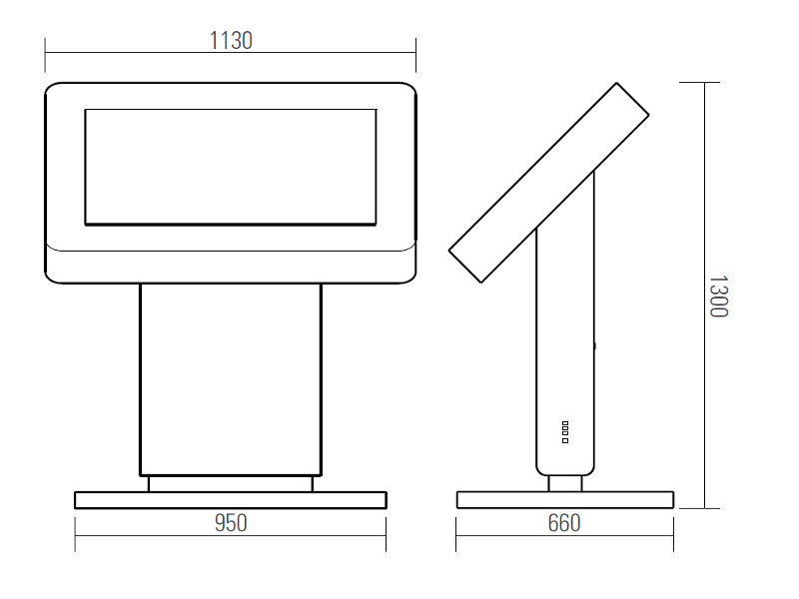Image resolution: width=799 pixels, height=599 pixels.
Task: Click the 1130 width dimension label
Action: [x=231, y=40]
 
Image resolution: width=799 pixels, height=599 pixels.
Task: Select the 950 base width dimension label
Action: [x=231, y=523]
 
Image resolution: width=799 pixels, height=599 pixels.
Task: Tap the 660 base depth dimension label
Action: [x=564, y=523]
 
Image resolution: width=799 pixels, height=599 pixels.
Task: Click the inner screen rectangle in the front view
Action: [x=231, y=166]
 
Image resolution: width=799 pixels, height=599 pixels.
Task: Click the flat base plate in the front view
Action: [x=231, y=500]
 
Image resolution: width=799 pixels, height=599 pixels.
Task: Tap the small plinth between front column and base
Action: [x=231, y=483]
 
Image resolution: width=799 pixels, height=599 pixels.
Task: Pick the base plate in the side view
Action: [x=564, y=500]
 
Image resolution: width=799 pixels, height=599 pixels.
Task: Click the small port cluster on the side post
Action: [x=565, y=431]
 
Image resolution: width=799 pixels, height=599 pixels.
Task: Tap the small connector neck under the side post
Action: [x=565, y=483]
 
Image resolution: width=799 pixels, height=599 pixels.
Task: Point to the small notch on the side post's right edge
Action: [x=596, y=346]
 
